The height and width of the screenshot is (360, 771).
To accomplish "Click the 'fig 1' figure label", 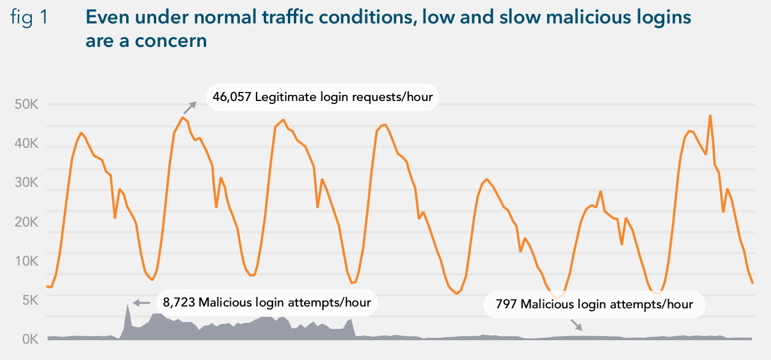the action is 29,17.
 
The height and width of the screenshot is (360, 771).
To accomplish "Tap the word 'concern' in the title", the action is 171,41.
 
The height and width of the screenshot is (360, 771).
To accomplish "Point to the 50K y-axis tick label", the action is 26,105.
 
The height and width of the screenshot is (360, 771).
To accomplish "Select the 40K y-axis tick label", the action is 26,144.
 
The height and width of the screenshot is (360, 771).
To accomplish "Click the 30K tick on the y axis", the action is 26,183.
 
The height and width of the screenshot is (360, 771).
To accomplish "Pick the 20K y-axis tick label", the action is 26,222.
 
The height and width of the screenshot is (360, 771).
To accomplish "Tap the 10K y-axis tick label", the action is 26,261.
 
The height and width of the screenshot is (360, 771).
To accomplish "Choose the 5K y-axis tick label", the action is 30,301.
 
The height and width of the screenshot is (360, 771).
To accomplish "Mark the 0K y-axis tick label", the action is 30,340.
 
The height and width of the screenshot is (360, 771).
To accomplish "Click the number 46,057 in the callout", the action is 232,97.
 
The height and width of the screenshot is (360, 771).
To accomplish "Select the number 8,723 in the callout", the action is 179,303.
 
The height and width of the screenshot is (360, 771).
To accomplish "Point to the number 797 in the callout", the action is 505,304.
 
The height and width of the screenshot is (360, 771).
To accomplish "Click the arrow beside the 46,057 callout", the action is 190,108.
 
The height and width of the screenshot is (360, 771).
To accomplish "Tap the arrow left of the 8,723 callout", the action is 141,303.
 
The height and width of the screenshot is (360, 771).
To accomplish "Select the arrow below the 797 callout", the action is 576,325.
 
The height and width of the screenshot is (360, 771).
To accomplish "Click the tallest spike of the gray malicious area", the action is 127,305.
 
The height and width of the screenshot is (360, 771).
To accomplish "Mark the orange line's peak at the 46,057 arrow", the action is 183,118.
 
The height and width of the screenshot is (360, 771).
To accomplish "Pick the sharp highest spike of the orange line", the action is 710,115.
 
